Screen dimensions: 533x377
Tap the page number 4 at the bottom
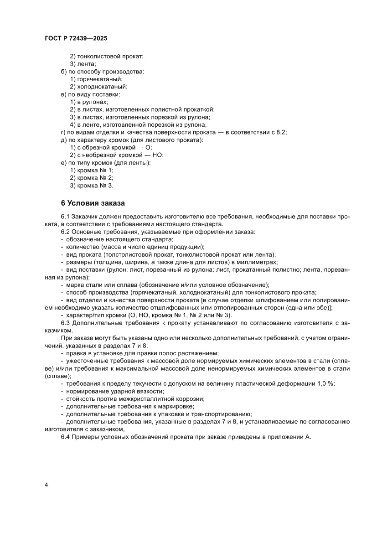pyautogui.click(x=46, y=484)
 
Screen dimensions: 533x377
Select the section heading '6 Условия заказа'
pyautogui.click(x=93, y=202)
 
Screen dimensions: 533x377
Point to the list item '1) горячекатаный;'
pyautogui.click(x=96, y=79)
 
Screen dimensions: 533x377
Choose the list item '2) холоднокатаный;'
pyautogui.click(x=98, y=87)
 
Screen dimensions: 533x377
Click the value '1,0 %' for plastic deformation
pyautogui.click(x=325, y=383)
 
